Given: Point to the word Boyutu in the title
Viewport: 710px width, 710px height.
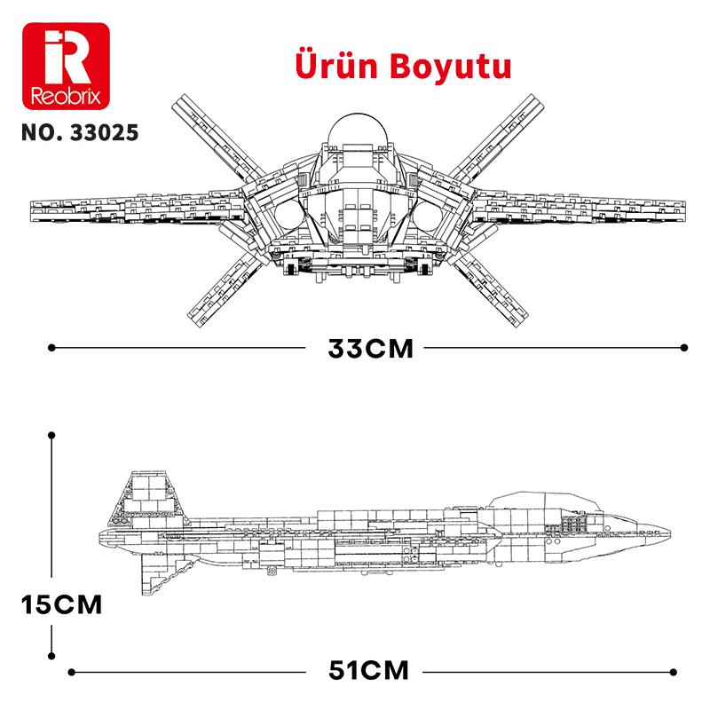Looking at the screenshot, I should [x=447, y=68].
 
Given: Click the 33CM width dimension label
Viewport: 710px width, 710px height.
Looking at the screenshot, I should [x=370, y=348].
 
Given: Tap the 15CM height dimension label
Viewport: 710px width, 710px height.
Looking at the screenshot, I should [x=62, y=606].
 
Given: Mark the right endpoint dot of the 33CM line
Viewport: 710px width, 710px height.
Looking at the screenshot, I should [x=684, y=348].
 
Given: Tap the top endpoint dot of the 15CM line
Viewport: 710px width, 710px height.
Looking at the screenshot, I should [x=51, y=435].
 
